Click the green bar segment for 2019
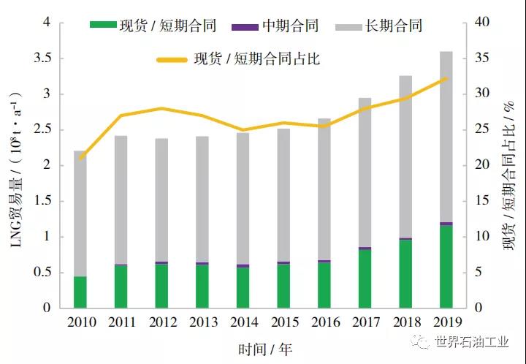[446, 267]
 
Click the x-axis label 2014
[243, 322]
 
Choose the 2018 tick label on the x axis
[405, 322]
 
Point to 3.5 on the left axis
[43, 58]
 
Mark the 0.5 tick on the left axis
[43, 273]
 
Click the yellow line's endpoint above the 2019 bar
[446, 78]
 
